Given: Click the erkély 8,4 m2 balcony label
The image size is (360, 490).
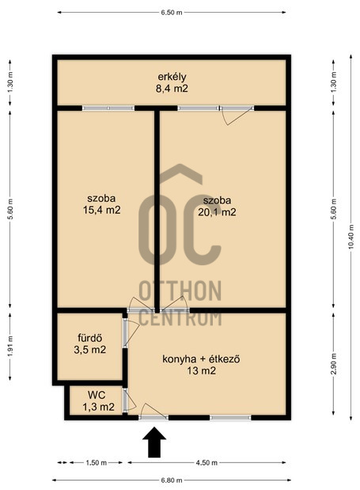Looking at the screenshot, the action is [172, 83].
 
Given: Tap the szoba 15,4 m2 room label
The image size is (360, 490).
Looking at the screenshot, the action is [101, 204].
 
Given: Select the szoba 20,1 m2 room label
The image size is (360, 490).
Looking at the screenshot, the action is [217, 207].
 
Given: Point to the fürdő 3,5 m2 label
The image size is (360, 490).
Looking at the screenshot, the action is [90, 344].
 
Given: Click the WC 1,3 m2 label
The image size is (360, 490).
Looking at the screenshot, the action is [98, 401].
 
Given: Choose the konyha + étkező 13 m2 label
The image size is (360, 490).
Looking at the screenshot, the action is [201, 365].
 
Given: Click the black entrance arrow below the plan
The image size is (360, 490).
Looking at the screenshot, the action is [154, 443].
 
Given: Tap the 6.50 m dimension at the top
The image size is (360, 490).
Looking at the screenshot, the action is [172, 13].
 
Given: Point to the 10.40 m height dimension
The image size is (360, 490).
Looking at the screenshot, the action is [351, 237].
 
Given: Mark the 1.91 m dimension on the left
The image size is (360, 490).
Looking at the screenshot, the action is [10, 346].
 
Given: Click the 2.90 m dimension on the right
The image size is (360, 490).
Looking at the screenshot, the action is [333, 364].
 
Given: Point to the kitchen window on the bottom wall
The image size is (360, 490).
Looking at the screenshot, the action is [230, 417].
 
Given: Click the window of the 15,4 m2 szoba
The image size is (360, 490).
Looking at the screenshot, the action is [108, 108].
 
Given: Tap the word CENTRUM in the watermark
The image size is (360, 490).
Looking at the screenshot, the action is [180, 317].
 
